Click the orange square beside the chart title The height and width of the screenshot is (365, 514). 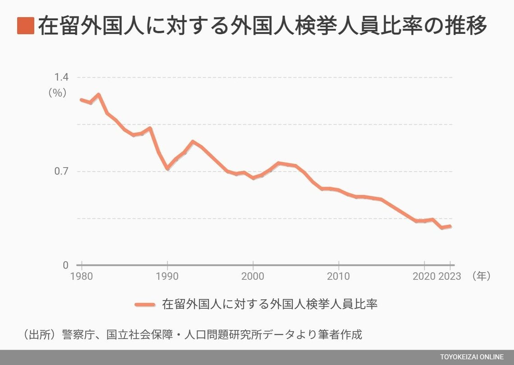(x=26, y=26)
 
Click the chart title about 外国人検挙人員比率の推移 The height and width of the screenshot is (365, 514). (x=262, y=26)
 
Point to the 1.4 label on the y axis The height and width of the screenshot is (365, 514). (x=61, y=77)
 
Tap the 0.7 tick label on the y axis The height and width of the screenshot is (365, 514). (x=61, y=171)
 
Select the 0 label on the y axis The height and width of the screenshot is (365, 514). (x=65, y=265)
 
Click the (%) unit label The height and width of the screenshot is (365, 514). (x=58, y=93)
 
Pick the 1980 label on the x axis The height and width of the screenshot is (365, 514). (x=82, y=276)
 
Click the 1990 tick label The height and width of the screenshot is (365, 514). (x=167, y=276)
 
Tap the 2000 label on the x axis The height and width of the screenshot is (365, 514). (x=253, y=276)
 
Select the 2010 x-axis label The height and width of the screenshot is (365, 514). (x=338, y=276)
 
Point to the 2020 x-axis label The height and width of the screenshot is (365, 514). (x=424, y=276)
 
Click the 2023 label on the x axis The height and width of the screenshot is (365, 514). (x=450, y=276)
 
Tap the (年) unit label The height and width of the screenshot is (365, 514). (x=481, y=276)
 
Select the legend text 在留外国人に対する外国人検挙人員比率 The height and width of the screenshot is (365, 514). (x=270, y=305)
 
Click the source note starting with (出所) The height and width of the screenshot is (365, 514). (x=192, y=335)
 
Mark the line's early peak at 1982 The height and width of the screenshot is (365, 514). (x=98, y=95)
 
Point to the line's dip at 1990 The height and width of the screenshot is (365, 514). (x=167, y=168)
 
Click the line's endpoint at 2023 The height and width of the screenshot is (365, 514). (x=450, y=226)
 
